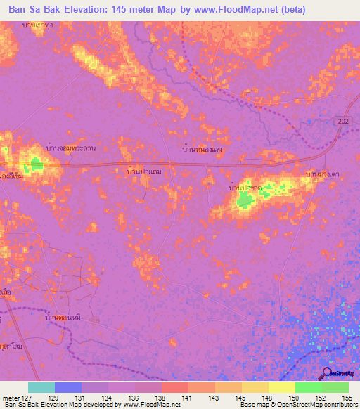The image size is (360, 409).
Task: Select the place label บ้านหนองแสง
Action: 202,150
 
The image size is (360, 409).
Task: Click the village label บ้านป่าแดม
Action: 144,171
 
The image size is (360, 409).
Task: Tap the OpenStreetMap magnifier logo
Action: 327,373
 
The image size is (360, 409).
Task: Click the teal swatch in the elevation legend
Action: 41,387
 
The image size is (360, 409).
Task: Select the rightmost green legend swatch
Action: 335,387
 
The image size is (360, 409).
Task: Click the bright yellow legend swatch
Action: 282,387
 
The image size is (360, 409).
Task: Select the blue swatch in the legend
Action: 68,387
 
